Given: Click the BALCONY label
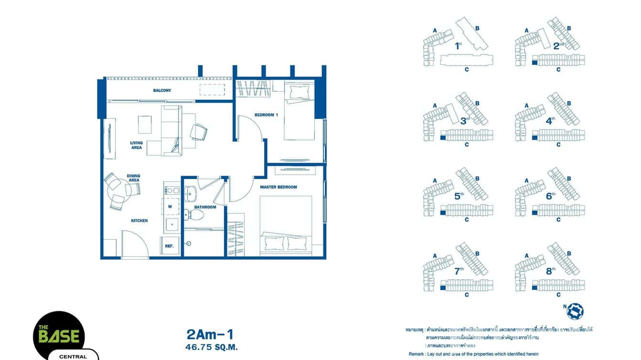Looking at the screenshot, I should pos(162,90).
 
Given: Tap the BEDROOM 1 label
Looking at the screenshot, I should pos(266,115).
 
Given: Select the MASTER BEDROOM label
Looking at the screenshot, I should pos(278,187).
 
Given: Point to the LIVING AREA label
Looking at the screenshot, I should pos(136,145).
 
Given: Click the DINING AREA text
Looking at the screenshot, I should pos(134,178).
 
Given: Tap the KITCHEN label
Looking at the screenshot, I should pos(139,221).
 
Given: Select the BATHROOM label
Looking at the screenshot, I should pos(205,207).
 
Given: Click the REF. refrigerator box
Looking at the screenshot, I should pos(169,246).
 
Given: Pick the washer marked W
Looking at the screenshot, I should pos(170,207).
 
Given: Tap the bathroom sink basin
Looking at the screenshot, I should pos(191,193).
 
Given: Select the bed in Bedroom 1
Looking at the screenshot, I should pos(299,112).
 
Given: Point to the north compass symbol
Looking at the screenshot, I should pos(575,311).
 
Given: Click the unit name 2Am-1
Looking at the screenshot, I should pos(210,335).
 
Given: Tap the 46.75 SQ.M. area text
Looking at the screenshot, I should pos(210,347).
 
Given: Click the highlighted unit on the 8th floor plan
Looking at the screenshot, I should pos(534,288).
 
